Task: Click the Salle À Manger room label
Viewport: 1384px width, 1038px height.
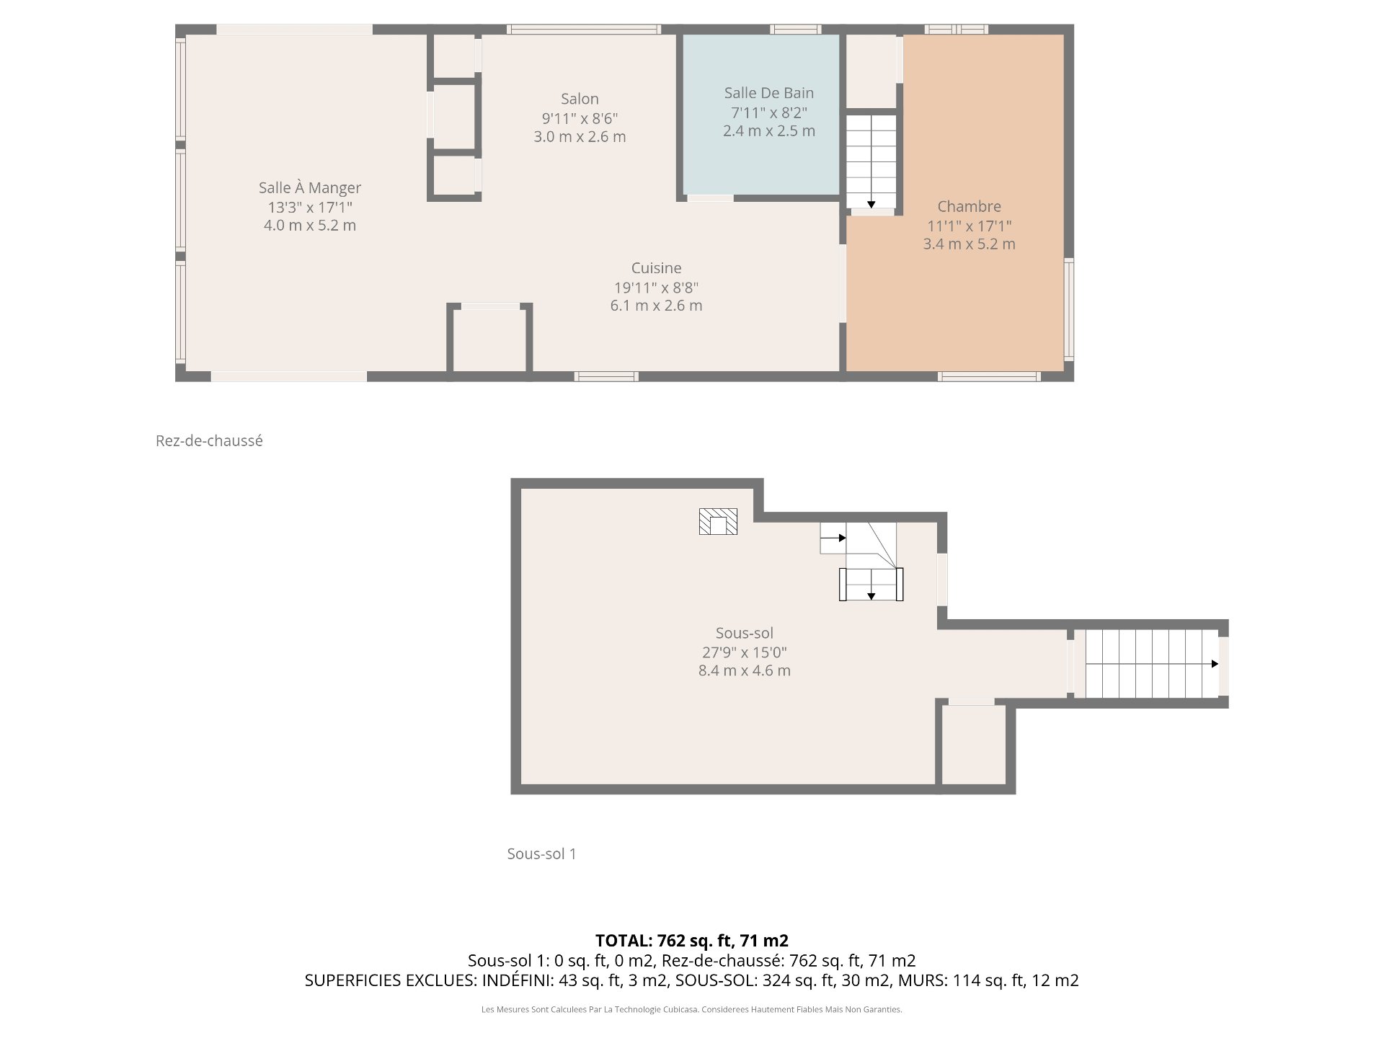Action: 310,187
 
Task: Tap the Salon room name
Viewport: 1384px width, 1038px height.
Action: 580,99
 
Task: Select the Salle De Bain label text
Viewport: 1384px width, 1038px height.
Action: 769,93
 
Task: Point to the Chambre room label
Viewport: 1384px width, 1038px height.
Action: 970,206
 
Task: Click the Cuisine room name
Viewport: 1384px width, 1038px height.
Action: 656,268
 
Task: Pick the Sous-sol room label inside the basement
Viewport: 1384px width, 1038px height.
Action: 745,633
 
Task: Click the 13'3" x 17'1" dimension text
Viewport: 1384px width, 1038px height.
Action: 310,207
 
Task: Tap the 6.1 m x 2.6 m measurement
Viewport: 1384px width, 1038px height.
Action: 656,306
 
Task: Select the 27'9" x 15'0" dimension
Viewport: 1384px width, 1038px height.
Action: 745,652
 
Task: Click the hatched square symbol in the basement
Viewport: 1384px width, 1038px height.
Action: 718,521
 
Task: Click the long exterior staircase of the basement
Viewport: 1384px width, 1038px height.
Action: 1152,663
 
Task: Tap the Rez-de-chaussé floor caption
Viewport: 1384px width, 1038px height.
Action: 209,440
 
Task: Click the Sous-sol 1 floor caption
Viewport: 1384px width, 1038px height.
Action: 541,853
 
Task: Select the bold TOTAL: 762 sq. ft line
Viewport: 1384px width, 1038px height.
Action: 692,941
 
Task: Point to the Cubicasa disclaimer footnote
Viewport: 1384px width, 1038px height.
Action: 692,1010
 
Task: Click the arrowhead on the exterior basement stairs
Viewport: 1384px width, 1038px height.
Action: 1215,664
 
